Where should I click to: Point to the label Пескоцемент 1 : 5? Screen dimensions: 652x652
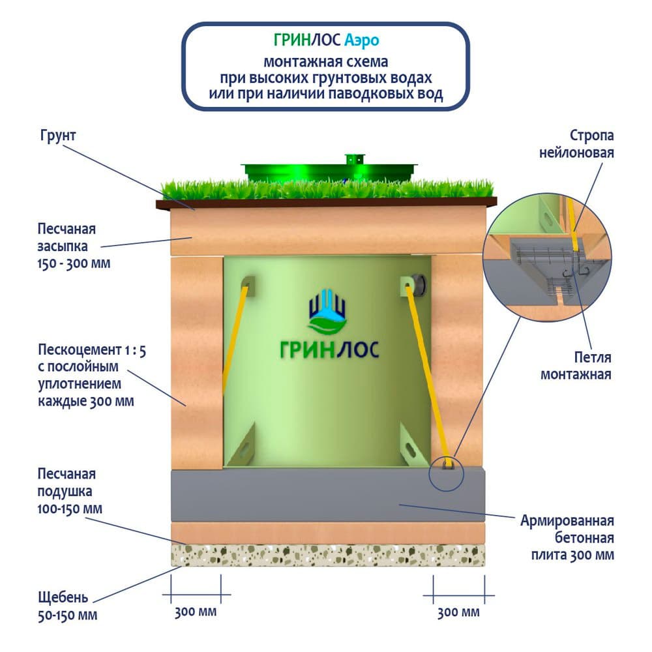point(91,351)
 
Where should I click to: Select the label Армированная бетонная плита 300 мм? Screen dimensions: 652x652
point(567,538)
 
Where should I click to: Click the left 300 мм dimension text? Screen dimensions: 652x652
point(195,613)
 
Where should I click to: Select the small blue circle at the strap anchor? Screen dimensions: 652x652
point(447,471)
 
